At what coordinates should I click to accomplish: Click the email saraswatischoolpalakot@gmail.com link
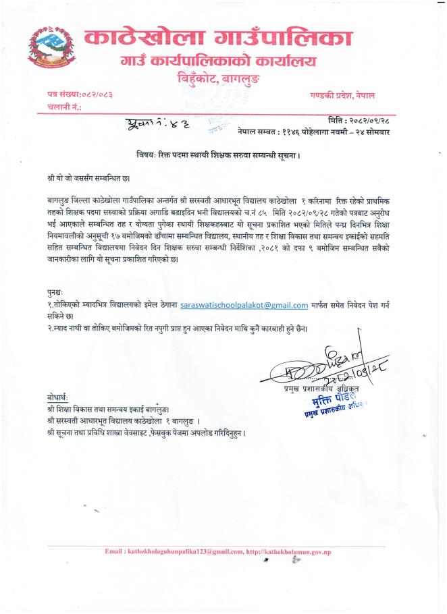coord(244,306)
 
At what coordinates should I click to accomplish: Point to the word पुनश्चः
coord(49,294)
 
